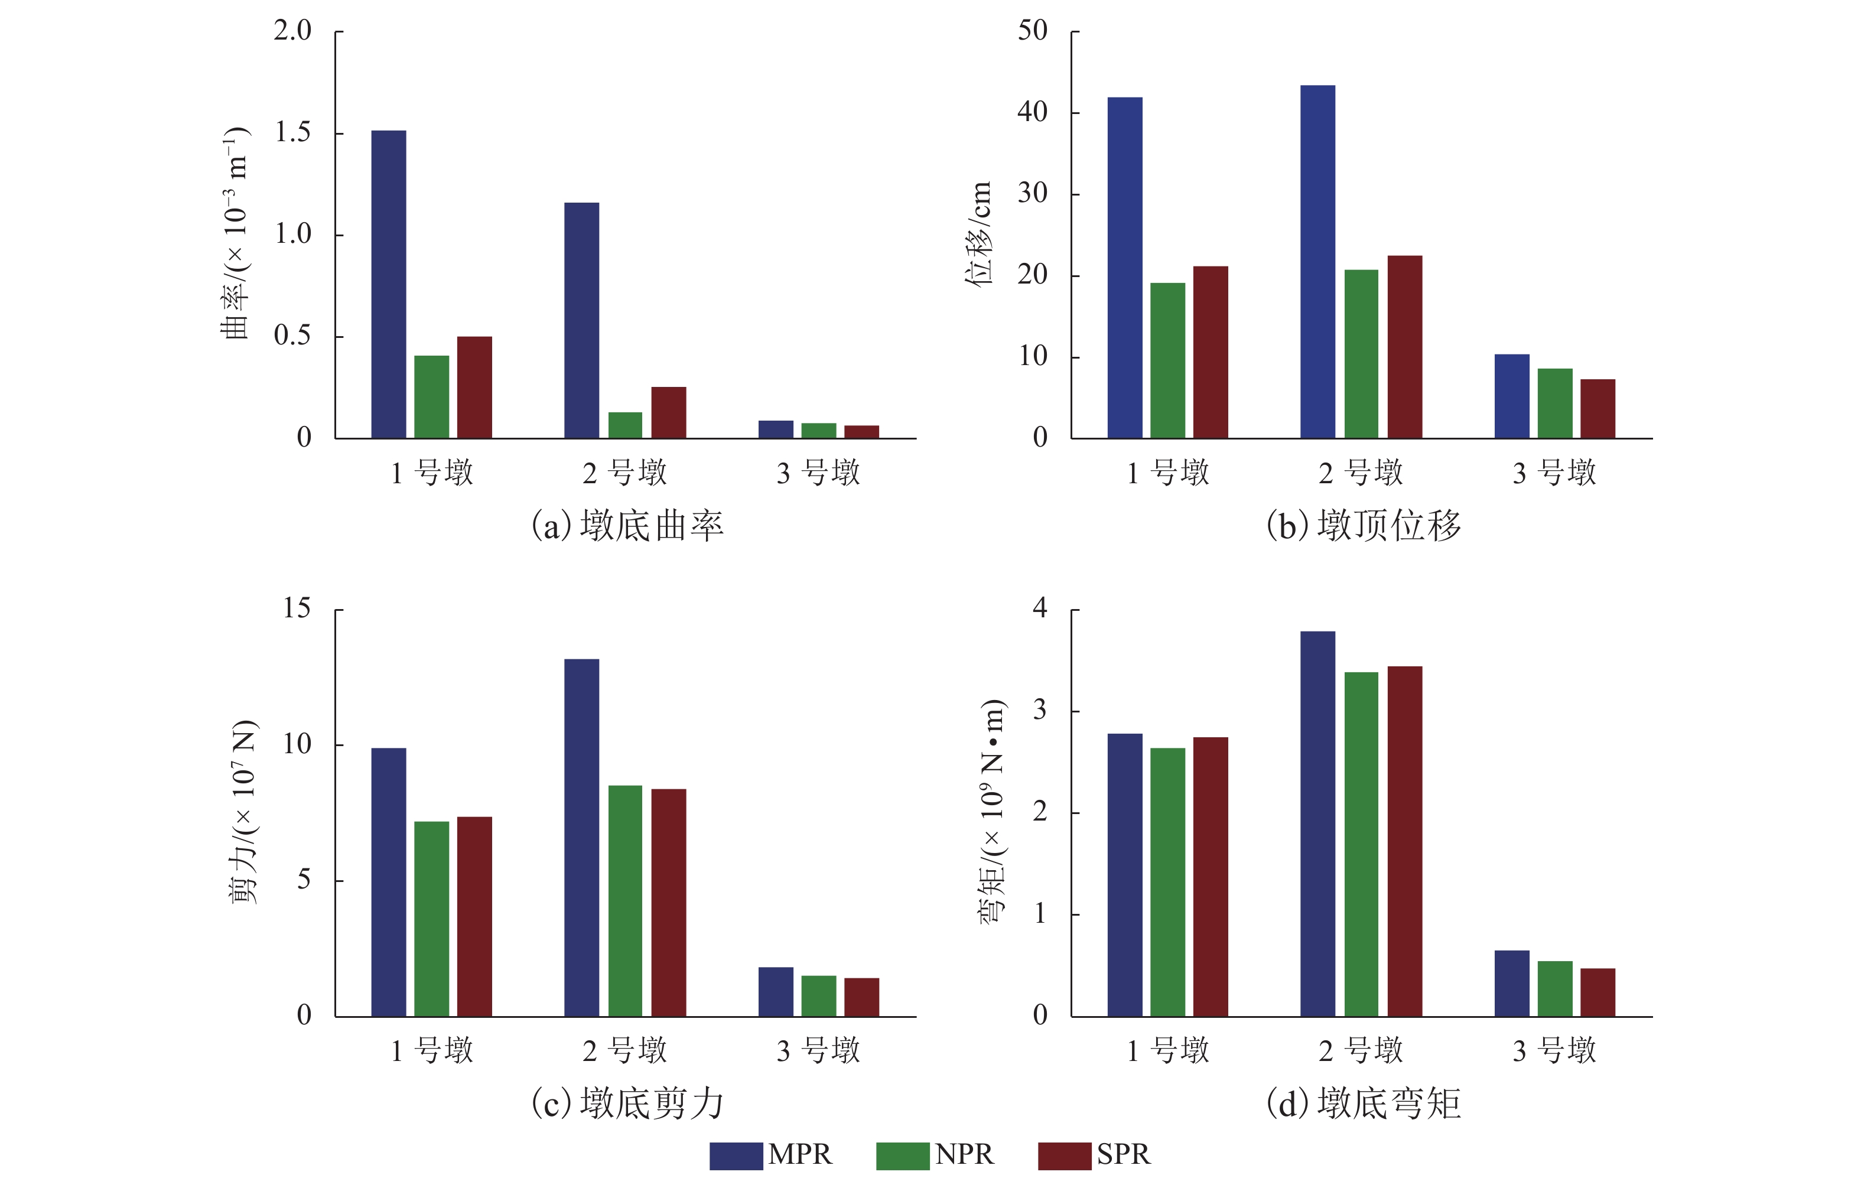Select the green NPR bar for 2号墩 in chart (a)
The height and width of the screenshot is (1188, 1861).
[624, 425]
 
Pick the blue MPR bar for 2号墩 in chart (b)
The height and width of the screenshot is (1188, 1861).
[1317, 262]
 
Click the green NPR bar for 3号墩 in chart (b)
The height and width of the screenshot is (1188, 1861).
[1554, 403]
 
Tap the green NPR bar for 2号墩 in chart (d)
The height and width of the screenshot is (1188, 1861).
[1361, 844]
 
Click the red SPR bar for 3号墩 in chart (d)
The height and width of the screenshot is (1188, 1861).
[1598, 992]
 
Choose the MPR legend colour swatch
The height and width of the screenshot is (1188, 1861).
[736, 1156]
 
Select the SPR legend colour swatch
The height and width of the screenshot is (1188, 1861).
[1064, 1156]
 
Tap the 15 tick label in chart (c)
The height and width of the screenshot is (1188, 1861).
[296, 608]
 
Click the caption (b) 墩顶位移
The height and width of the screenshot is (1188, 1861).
[1364, 526]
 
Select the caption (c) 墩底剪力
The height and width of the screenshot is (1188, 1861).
[627, 1103]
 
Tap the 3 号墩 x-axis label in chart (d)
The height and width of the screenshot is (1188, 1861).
[1554, 1050]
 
